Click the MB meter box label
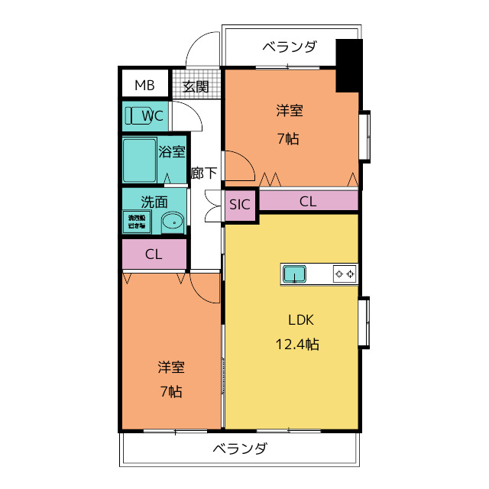(x=144, y=85)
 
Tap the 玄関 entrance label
(x=196, y=86)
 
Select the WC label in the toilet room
(x=154, y=116)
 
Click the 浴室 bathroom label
(x=172, y=151)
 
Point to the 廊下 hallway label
(x=204, y=173)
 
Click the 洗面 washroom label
(x=154, y=202)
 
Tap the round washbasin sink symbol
(x=173, y=223)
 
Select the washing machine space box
(x=138, y=222)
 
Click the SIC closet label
(x=240, y=204)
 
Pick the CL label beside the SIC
(x=307, y=202)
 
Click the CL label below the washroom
(x=154, y=254)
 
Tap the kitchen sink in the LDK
(x=294, y=274)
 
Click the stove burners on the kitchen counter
(x=343, y=274)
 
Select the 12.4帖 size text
(x=296, y=345)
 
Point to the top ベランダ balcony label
(x=289, y=47)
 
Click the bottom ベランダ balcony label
(x=239, y=449)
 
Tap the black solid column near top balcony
(x=348, y=65)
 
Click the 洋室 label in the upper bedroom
(x=289, y=112)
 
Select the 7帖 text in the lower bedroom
(x=171, y=392)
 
